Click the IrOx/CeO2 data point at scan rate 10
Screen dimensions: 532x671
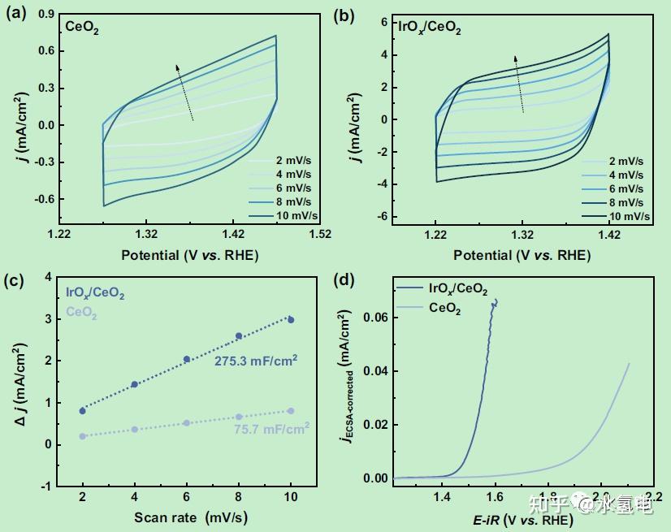(x=291, y=320)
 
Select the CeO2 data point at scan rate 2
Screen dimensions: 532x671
(x=83, y=436)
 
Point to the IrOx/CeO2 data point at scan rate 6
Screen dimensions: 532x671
(x=187, y=359)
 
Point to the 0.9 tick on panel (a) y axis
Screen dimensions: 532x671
(x=46, y=14)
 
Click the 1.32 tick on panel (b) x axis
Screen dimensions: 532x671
(x=522, y=235)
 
